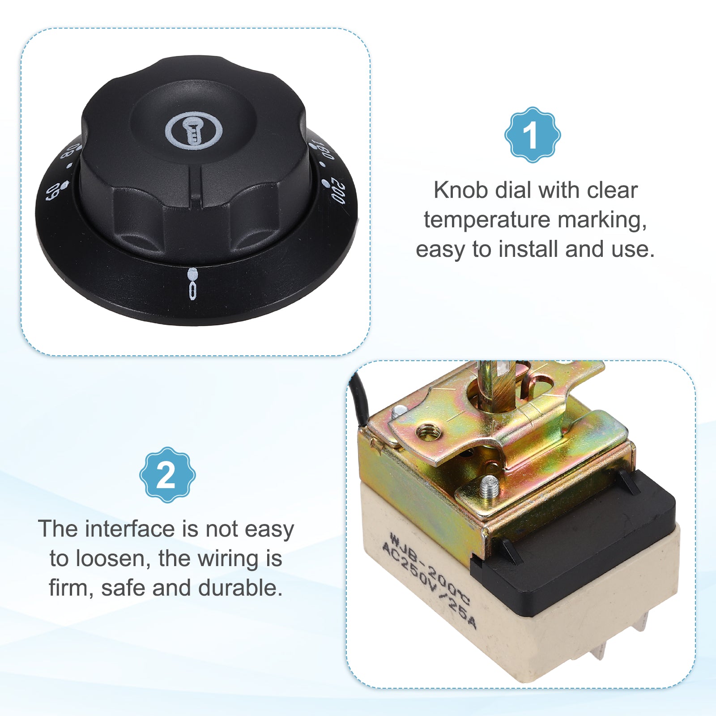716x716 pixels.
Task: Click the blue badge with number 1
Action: pyautogui.click(x=533, y=135)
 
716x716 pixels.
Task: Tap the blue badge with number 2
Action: pyautogui.click(x=167, y=475)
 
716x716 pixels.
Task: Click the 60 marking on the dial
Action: pyautogui.click(x=52, y=192)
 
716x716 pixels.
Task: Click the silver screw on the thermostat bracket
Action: pyautogui.click(x=488, y=486)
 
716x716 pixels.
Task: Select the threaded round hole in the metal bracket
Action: pyautogui.click(x=429, y=432)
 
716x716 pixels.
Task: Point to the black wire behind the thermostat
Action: pyautogui.click(x=360, y=398)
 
